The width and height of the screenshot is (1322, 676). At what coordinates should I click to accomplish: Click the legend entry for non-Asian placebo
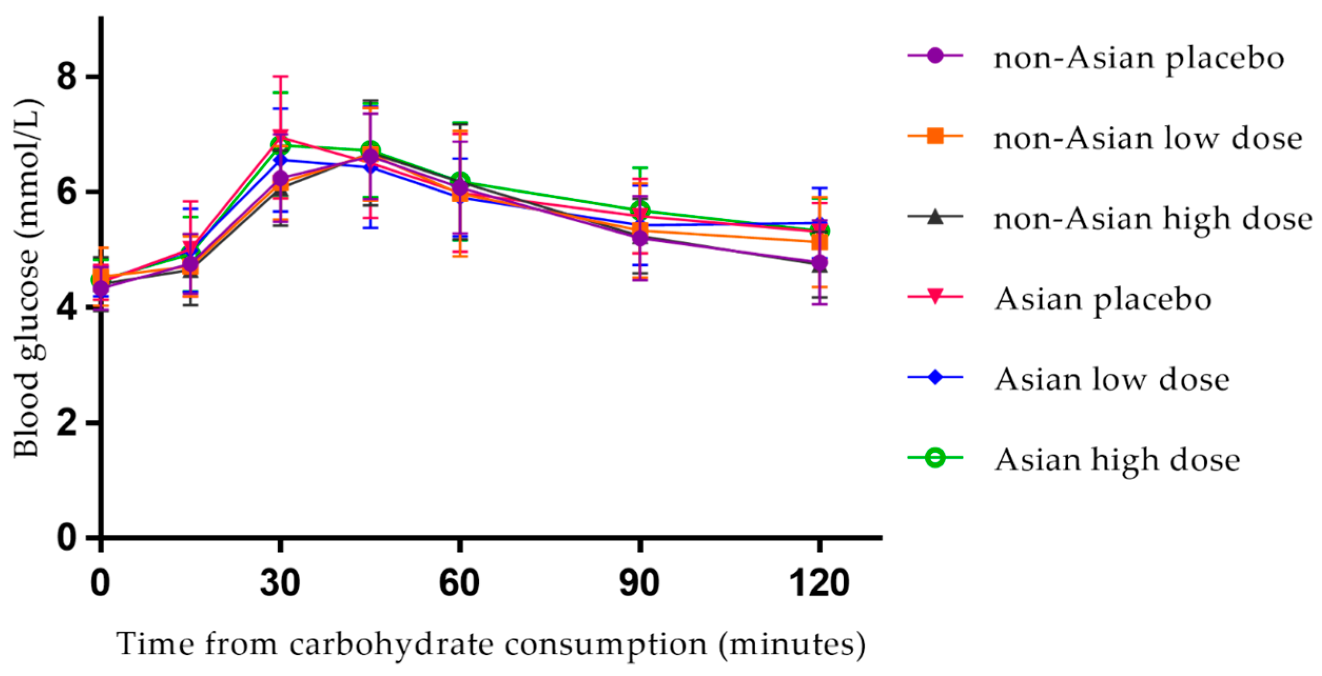coord(1138,58)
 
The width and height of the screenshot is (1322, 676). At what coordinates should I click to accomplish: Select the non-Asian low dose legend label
coord(1147,138)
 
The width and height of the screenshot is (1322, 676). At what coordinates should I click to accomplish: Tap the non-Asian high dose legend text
coord(1152,218)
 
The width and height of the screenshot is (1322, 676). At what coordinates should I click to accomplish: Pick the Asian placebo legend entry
coord(1103,299)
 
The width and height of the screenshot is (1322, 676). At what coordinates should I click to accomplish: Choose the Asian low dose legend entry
coord(1111,379)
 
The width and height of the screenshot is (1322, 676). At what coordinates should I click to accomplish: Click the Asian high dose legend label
coord(1117,460)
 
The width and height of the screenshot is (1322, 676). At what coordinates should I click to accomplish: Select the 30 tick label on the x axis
coord(280,583)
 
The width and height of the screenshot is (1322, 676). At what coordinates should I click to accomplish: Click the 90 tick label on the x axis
coord(639,583)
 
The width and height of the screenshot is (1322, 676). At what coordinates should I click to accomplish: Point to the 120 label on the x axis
coord(820,583)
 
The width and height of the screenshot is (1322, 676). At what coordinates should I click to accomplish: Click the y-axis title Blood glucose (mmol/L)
coord(26,279)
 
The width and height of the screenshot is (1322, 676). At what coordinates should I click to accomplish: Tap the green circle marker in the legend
coord(935,459)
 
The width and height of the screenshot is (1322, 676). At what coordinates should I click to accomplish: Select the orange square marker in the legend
coord(935,136)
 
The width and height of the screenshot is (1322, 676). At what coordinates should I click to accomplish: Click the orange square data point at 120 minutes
coord(820,242)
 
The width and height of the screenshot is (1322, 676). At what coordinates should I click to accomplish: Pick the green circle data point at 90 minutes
coord(640,210)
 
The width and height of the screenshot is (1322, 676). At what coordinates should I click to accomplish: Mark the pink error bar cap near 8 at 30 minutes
coord(280,77)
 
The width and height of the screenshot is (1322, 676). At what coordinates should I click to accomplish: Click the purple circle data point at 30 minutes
coord(280,178)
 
